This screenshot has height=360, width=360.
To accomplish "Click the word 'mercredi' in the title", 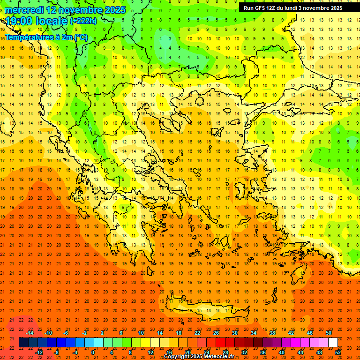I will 24,10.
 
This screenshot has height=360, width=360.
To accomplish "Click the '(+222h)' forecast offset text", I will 83,21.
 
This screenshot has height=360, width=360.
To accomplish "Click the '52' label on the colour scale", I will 338,352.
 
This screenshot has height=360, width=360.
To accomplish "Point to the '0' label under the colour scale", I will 93,352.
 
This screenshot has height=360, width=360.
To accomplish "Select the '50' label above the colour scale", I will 329,333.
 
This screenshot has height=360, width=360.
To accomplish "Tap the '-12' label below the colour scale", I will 39,352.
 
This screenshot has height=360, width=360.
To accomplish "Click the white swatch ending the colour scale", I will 333,343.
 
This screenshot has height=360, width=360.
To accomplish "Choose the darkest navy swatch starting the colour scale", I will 23,343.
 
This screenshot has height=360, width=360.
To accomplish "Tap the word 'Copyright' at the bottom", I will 178,357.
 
